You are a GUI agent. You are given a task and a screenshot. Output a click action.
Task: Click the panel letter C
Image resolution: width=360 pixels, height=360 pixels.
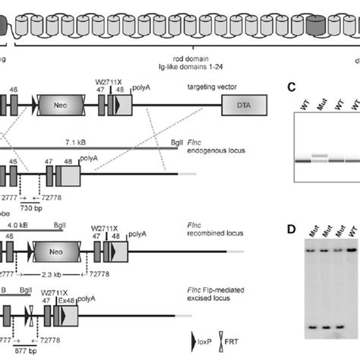coord(289,87)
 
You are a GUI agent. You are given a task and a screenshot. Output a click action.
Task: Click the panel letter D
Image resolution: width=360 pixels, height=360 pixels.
coord(289,229)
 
